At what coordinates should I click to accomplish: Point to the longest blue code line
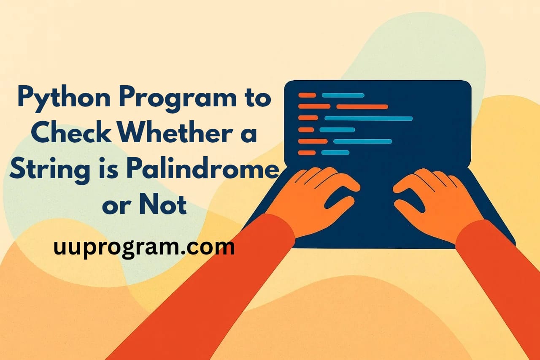coord(368,118)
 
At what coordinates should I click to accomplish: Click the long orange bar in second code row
coord(362,107)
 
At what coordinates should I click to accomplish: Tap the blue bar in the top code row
coord(343,95)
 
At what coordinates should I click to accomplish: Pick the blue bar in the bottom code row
coord(335,152)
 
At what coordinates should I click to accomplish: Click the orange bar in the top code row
coord(307,95)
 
